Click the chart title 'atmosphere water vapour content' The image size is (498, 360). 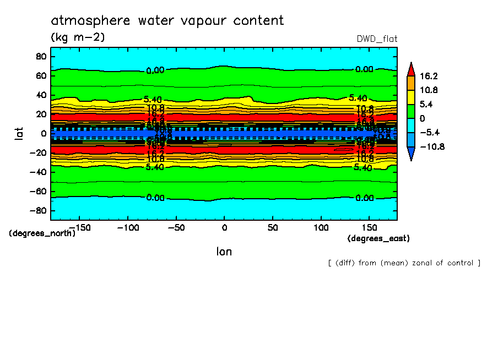pos(167,21)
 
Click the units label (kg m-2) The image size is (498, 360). pos(77,37)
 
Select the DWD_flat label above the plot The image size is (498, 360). pos(377,39)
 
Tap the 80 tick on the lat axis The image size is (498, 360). pos(40,56)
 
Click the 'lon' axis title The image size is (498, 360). pos(224,252)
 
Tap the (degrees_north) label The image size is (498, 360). pos(42,233)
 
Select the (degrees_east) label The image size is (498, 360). pos(378,238)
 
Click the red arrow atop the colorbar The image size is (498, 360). pos(410,68)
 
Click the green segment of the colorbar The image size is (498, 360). pos(410,111)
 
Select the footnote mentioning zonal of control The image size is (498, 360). pos(404,263)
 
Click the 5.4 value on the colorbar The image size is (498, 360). pos(426,104)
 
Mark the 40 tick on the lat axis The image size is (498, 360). pos(40,95)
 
